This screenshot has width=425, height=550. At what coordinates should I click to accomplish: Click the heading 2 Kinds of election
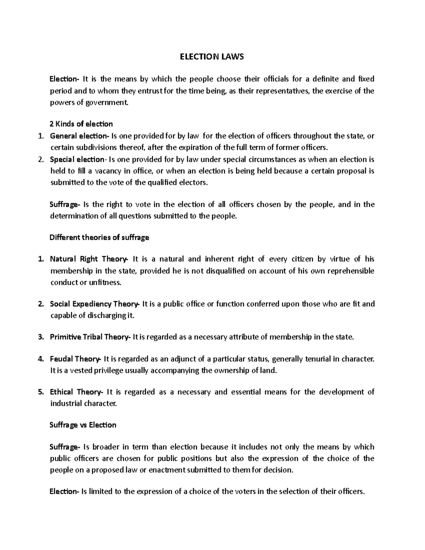tap(81, 124)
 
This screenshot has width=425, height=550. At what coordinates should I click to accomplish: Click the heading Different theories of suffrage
tap(100, 238)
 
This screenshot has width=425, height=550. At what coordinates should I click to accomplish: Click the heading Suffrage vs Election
tap(83, 425)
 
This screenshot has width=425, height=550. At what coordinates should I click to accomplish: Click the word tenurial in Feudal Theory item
tap(318, 359)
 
